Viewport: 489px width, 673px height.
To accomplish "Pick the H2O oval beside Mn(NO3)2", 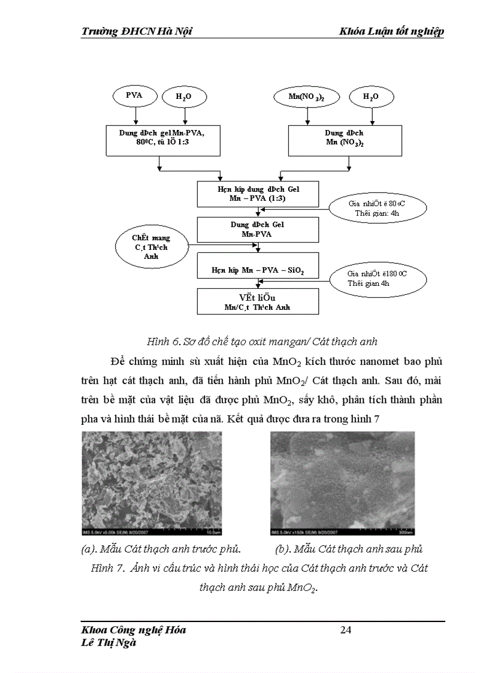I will [x=371, y=96].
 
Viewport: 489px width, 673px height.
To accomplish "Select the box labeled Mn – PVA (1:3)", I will [x=258, y=193].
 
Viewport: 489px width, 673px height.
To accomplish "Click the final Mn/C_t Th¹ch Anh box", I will [x=258, y=301].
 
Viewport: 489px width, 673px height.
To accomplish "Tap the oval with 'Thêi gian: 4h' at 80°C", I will [x=378, y=208].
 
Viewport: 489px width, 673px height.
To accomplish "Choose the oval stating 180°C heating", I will [x=378, y=278].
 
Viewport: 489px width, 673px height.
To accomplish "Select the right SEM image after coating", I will [x=342, y=483].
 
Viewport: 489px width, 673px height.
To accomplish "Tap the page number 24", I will [x=346, y=630].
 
